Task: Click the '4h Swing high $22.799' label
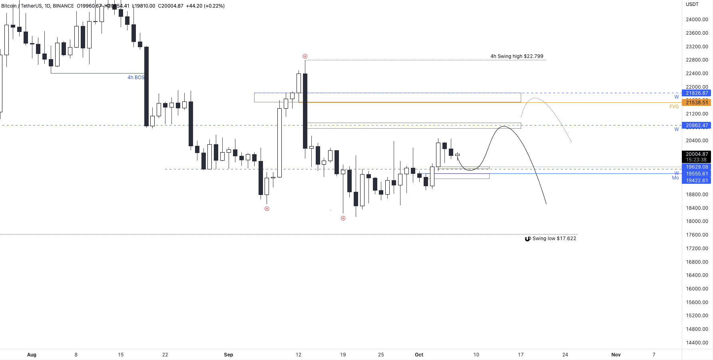click(x=517, y=56)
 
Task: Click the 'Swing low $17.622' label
click(x=554, y=239)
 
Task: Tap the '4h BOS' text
click(x=136, y=78)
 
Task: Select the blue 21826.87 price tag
click(x=697, y=93)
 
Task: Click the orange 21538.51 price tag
click(x=697, y=103)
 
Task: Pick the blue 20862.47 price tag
click(x=697, y=125)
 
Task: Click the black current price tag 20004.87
click(x=697, y=154)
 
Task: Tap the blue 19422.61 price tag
click(x=697, y=181)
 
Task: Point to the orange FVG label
click(x=674, y=107)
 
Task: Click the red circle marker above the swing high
click(x=305, y=56)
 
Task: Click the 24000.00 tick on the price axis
click(x=697, y=20)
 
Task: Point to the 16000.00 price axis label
click(x=697, y=289)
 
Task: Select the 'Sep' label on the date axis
click(x=228, y=355)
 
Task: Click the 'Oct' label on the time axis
click(x=419, y=355)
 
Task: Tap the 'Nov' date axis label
click(x=616, y=355)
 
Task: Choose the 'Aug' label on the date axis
click(x=32, y=355)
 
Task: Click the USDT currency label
click(x=692, y=4)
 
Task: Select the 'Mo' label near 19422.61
click(x=675, y=178)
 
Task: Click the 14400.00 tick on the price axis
click(x=697, y=343)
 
